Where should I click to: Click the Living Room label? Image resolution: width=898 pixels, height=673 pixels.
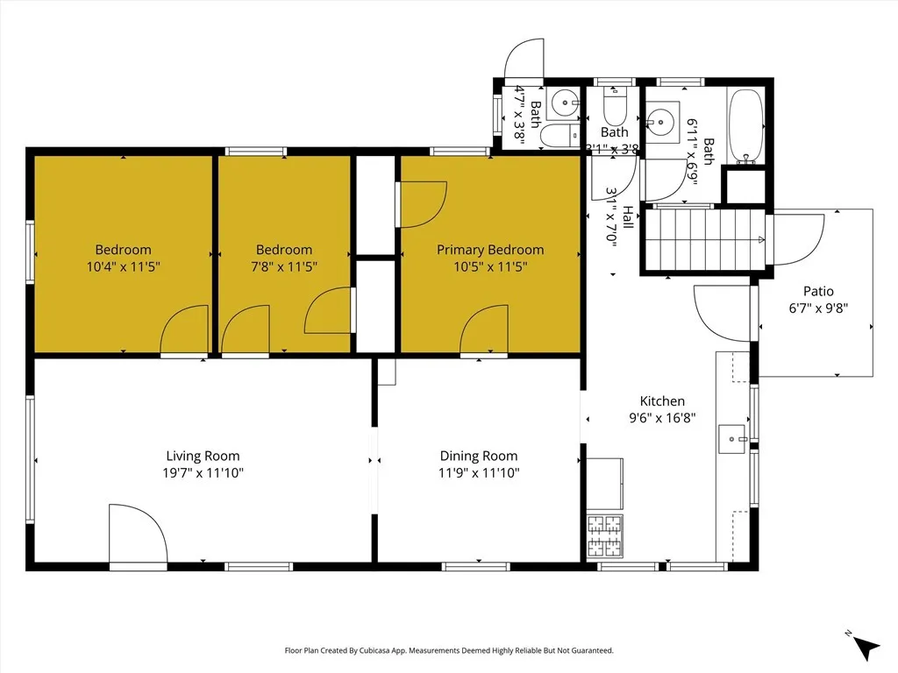[203, 456]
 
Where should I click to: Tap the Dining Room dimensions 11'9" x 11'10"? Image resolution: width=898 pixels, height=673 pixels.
[478, 473]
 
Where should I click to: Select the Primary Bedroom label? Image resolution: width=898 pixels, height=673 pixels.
[490, 250]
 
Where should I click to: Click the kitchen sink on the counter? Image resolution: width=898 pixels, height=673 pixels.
[732, 439]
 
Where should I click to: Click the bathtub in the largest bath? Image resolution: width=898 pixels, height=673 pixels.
[747, 126]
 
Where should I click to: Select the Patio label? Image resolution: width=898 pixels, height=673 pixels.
[818, 291]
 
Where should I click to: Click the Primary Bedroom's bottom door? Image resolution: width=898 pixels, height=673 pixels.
[482, 331]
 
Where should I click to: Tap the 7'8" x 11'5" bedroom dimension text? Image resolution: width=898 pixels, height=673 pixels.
[284, 266]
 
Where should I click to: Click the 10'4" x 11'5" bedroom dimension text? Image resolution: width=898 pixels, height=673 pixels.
[123, 266]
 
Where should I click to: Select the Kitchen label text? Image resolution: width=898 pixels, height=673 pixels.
[662, 401]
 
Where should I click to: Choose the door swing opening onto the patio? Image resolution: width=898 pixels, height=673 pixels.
[794, 238]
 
